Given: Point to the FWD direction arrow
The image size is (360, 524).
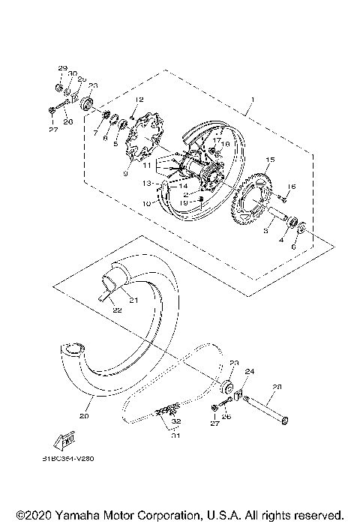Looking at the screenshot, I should pos(65,438).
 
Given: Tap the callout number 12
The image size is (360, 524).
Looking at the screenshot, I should pos(139,99).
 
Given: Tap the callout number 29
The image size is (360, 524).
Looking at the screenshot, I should pos(61,68).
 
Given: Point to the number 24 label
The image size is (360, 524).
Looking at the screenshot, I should pos(250,371).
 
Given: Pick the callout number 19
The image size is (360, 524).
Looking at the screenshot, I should pos(183,202).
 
